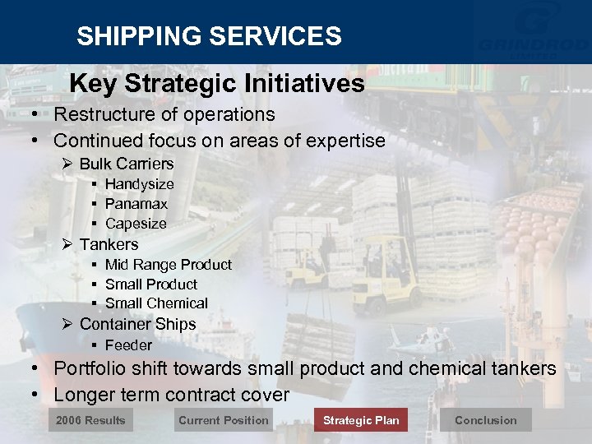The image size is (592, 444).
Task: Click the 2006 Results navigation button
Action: [x=90, y=420]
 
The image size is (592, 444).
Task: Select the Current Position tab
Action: [x=224, y=420]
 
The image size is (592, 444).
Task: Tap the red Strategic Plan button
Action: [x=361, y=420]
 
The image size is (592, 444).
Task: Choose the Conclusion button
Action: [x=485, y=420]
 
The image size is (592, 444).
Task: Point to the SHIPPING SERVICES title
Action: [x=209, y=36]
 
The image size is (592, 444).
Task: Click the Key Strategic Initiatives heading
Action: [x=217, y=83]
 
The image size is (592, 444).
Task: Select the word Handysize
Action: [x=139, y=184]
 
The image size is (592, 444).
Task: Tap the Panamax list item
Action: [x=136, y=204]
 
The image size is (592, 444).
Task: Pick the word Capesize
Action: [x=136, y=224]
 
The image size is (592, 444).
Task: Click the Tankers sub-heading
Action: [x=109, y=244]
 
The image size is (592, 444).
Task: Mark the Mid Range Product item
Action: [x=168, y=265]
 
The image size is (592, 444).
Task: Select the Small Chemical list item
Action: [x=156, y=303]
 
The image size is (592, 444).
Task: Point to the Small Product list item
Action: [x=151, y=284]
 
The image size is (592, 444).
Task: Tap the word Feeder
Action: [x=128, y=345]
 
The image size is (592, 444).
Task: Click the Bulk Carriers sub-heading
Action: [x=126, y=164]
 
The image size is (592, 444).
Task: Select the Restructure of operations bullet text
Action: [x=164, y=114]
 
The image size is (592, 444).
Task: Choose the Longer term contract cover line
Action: [x=171, y=395]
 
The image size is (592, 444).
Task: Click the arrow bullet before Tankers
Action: [x=68, y=244]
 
